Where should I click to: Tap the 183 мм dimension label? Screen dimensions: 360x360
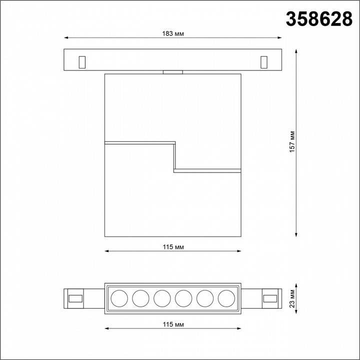pyautogui.click(x=172, y=34)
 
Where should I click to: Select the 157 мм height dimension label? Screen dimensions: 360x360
pyautogui.click(x=295, y=141)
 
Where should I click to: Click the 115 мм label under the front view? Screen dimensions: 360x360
pyautogui.click(x=172, y=247)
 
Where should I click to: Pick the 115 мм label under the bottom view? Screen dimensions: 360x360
pyautogui.click(x=172, y=325)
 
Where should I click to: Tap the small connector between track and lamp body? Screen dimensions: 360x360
pyautogui.click(x=172, y=72)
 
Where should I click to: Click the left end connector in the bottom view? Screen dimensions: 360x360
pyautogui.click(x=75, y=298)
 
